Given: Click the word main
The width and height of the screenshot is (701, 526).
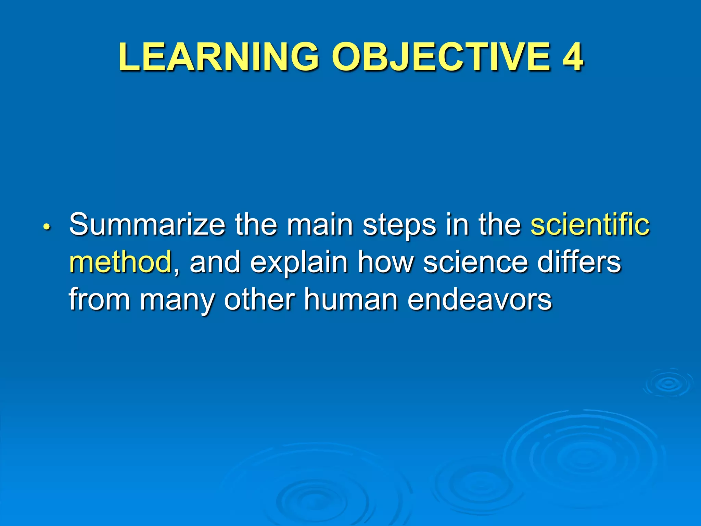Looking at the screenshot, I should point(320,225).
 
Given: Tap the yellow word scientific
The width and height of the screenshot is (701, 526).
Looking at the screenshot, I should point(590,225).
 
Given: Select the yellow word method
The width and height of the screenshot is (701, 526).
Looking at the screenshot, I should point(120,262).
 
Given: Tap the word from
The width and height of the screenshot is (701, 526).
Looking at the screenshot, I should point(100,299).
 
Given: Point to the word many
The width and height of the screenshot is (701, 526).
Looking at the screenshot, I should point(177,301).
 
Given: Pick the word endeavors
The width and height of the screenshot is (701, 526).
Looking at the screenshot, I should point(480,299).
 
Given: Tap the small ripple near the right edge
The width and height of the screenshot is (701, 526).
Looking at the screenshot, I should point(668,384).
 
